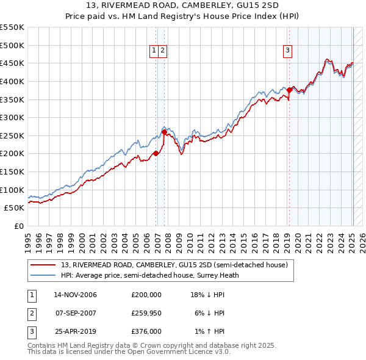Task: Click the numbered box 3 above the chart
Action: (287, 51)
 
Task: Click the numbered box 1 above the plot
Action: (154, 51)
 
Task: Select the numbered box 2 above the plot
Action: (163, 51)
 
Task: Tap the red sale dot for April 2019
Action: (289, 90)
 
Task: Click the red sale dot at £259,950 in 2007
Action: (164, 132)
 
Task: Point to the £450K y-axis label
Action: (12, 63)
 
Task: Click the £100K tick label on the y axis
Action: (12, 190)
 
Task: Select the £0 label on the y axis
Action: (20, 226)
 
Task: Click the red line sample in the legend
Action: (43, 265)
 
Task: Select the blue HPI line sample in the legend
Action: (43, 275)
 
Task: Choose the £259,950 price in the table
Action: (146, 313)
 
